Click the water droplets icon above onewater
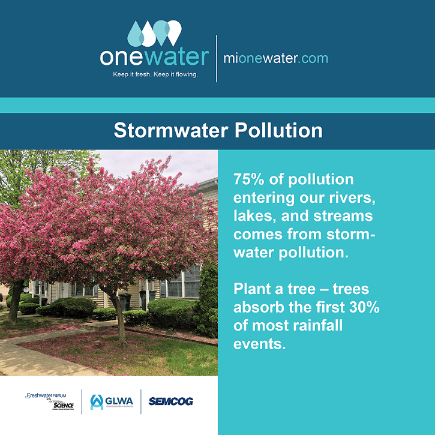click(155, 34)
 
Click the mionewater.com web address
click(275, 58)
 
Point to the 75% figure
click(248, 180)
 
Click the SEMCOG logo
click(170, 401)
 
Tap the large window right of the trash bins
click(184, 283)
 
